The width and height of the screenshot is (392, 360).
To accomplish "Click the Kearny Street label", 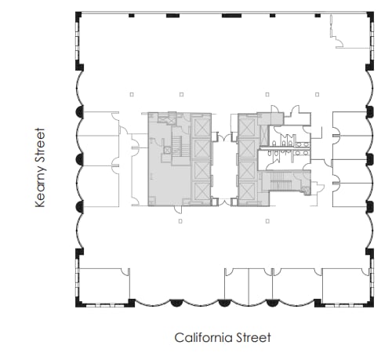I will [41, 169].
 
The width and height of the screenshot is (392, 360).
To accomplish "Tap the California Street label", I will [223, 338].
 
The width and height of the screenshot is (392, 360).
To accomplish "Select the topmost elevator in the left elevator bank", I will [201, 125].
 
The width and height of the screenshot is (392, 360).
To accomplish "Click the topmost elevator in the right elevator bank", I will [248, 125].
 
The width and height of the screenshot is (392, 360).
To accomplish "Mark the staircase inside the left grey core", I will [177, 147].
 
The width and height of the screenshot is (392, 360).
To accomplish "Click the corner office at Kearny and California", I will [103, 285].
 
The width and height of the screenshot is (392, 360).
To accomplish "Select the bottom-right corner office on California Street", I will [343, 285].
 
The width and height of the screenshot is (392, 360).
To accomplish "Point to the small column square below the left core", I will [180, 222].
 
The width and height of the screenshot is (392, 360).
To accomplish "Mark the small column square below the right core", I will [269, 222].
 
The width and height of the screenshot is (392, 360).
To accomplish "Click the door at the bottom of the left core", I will [179, 209].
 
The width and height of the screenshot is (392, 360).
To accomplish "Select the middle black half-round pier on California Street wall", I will [224, 304].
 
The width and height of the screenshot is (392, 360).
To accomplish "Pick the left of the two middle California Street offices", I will [237, 285].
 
